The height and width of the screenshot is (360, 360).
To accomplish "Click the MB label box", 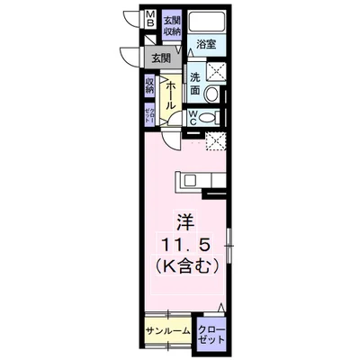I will pos(150,19).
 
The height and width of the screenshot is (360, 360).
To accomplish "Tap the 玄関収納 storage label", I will pos(172,25).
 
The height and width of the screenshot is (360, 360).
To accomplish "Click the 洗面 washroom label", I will pos(194,84).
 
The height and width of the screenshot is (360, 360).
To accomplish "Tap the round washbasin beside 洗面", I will pos(213,94).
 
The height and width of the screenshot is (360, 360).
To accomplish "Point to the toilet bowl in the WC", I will pos(212,118).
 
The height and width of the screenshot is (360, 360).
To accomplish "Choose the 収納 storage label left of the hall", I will pos(149,86).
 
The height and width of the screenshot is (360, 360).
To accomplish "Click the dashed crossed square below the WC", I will pos(215,139).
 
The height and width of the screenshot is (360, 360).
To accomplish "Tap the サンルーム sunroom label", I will pos(166,330).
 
